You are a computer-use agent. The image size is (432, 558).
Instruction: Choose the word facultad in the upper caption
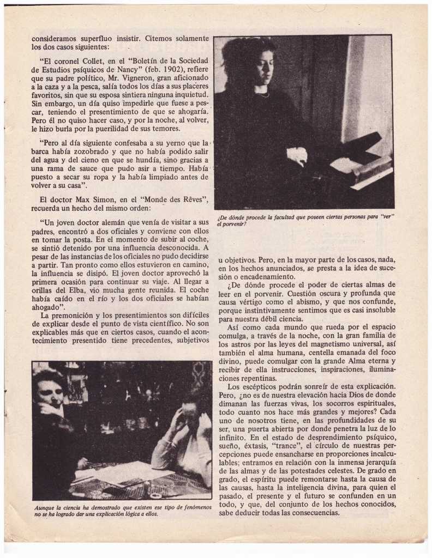point(293,217)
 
